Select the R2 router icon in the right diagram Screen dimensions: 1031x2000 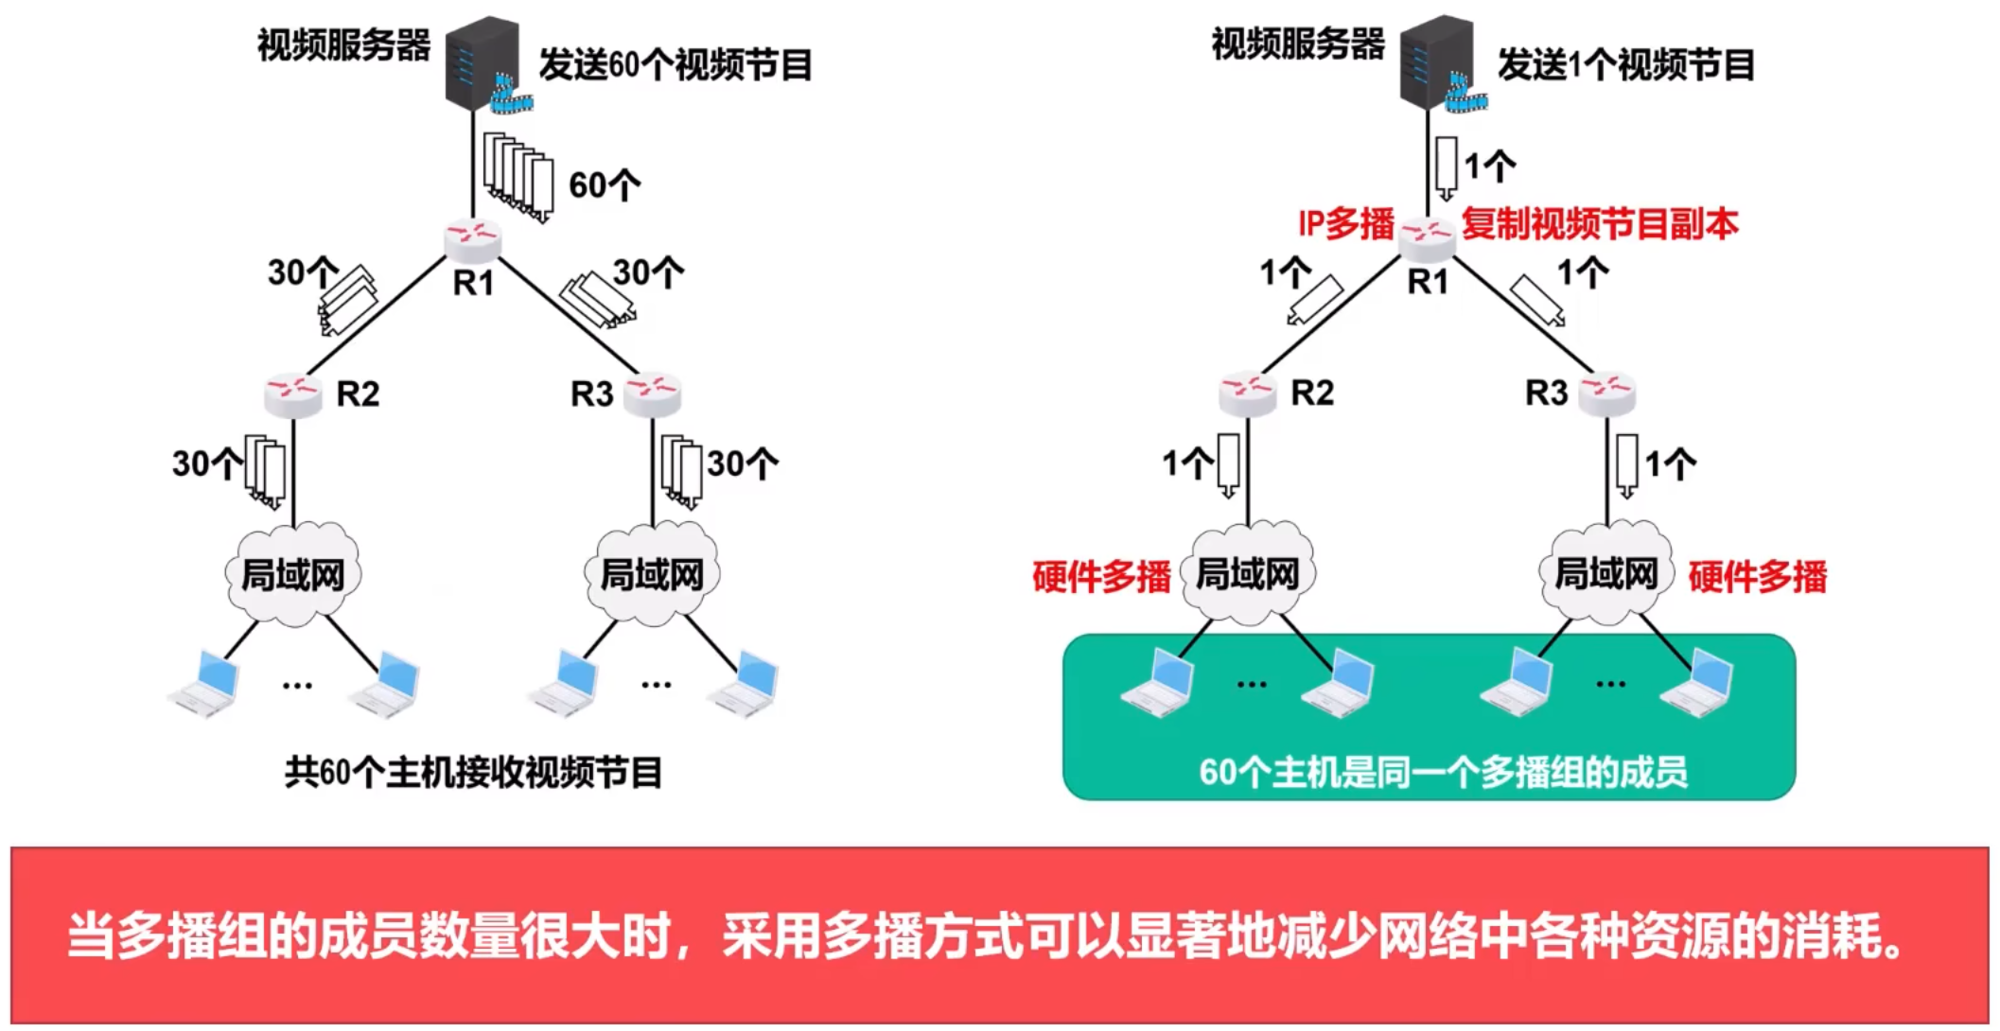pos(1247,393)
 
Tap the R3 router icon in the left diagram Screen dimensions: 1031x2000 pos(653,393)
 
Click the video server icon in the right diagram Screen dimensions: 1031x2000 pos(1436,62)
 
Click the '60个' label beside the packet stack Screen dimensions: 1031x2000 pos(604,185)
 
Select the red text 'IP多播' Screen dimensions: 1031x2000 pos(1345,224)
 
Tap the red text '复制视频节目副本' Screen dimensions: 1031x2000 pos(1600,224)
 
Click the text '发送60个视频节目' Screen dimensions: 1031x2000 pos(675,65)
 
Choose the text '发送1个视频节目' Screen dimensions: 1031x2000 pos(1625,65)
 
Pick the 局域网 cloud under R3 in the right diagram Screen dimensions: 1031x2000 pos(1606,573)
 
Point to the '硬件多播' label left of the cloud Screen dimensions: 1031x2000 pos(1100,576)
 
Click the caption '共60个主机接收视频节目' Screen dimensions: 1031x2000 pos(473,773)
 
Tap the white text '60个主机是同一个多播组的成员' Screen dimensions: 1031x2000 pos(1443,773)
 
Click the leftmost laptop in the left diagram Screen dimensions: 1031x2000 pos(205,684)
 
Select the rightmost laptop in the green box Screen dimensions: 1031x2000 pos(1699,683)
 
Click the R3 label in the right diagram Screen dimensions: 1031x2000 pos(1546,393)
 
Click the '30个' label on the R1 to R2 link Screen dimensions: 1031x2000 pos(302,273)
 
